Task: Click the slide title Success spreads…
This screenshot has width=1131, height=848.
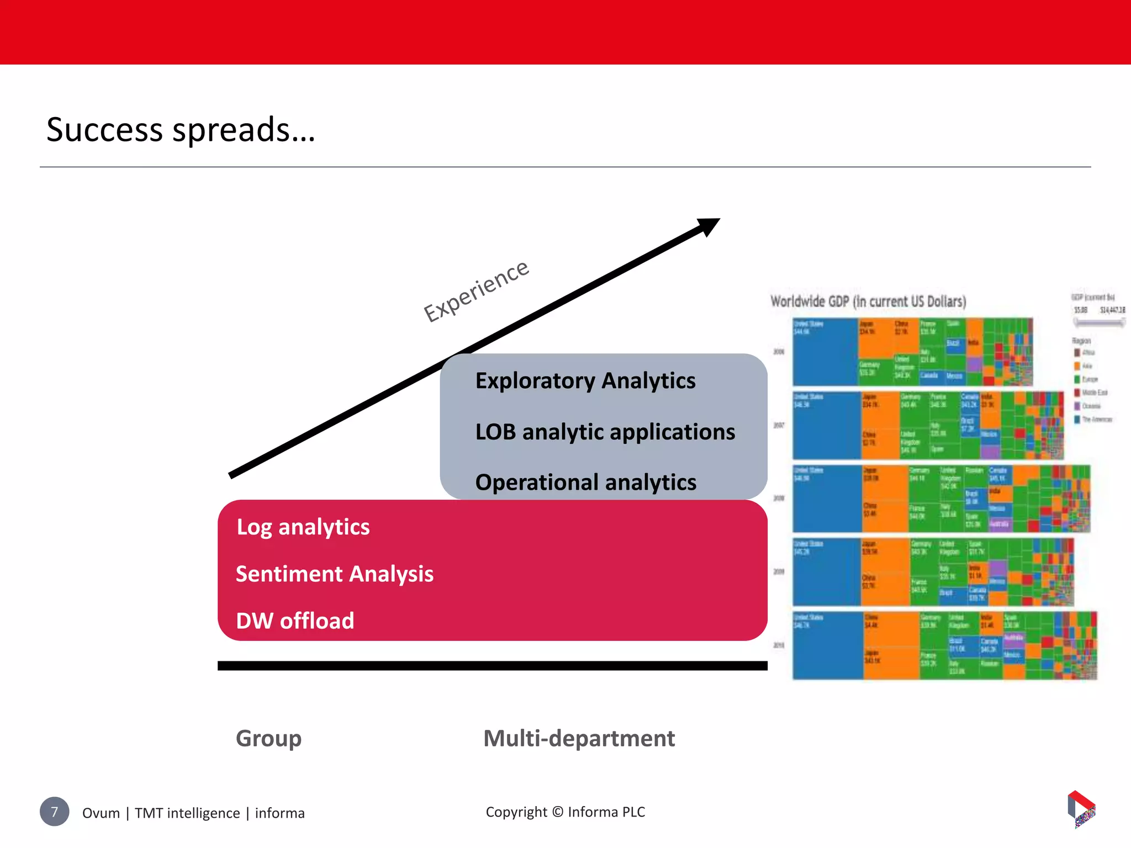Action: (x=181, y=130)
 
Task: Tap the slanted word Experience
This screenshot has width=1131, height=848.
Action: (x=476, y=291)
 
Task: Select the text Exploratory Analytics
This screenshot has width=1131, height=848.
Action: (x=585, y=381)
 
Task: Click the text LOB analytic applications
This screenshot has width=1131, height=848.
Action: (x=605, y=432)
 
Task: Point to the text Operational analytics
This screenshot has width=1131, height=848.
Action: (x=586, y=483)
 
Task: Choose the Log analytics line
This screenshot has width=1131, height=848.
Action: (x=303, y=527)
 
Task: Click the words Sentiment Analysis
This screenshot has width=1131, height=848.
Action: (x=335, y=574)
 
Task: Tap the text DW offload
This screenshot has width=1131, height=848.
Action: (x=295, y=621)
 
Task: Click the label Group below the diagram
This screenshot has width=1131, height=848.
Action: (x=269, y=739)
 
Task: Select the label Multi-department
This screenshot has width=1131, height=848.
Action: (x=579, y=739)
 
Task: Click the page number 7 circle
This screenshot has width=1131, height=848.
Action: (x=54, y=812)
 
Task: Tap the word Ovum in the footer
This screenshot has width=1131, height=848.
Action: (x=101, y=813)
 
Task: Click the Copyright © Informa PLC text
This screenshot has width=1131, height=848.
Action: (x=565, y=812)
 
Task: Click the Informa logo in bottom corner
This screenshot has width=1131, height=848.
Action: (x=1081, y=809)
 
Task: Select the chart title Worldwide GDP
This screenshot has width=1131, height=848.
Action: (x=868, y=301)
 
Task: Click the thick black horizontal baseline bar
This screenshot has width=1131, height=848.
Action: (x=492, y=666)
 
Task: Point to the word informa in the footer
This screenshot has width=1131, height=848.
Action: (x=279, y=813)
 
